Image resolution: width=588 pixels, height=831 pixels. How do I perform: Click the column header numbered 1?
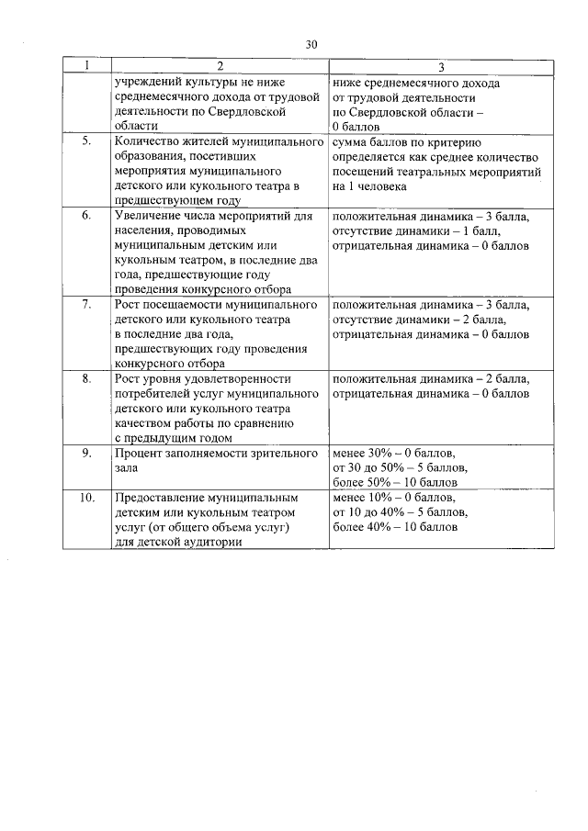86,67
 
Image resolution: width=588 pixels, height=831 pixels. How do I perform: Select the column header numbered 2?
220,67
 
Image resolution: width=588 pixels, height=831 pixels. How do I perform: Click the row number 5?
86,143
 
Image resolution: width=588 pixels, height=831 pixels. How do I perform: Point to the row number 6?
86,217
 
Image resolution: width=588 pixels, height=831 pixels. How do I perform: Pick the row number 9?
86,453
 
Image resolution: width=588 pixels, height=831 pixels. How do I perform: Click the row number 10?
86,498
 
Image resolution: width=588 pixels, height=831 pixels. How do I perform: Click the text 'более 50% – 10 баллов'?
394,482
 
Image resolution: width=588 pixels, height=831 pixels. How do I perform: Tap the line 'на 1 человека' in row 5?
368,186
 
